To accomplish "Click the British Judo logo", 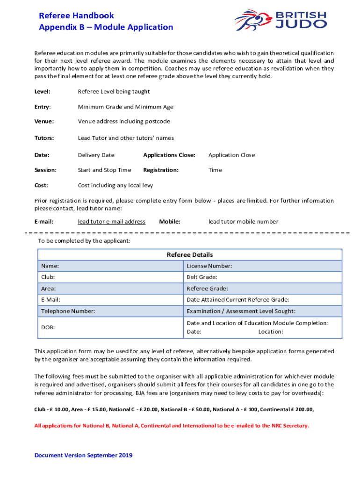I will coord(280,20).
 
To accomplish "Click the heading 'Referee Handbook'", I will coord(76,16).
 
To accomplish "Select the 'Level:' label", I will coord(43,91).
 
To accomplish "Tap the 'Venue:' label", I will coord(44,121).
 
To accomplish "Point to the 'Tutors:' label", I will coord(44,138).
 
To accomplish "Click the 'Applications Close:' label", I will coord(169,155).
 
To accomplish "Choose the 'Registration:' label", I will coord(161,170).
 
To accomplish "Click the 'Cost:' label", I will coord(41,185).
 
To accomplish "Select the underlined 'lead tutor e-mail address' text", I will coord(111,221).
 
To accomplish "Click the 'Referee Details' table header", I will coord(190,254).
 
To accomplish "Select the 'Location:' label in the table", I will coord(271,332).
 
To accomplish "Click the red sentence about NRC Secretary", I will coord(172,426).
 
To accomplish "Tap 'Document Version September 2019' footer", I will coord(83,455).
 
